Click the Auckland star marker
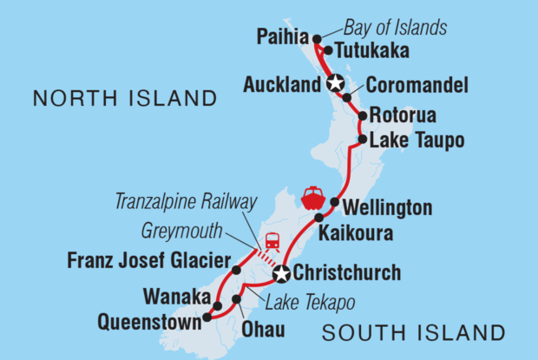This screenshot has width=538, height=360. pos(336,84)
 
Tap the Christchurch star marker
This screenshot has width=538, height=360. pos(281,275)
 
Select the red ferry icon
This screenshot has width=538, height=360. pos(312,197)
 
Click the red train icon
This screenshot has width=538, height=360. pos(272,240)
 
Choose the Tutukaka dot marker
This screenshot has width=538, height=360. pos(328,49)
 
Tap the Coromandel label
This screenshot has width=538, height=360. pos(417,86)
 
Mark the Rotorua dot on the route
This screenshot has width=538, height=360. pos(361,115)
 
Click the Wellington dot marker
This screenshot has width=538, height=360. pos(335,202)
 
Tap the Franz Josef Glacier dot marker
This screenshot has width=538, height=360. pos(236,270)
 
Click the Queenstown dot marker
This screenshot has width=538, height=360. pos(207,318)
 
